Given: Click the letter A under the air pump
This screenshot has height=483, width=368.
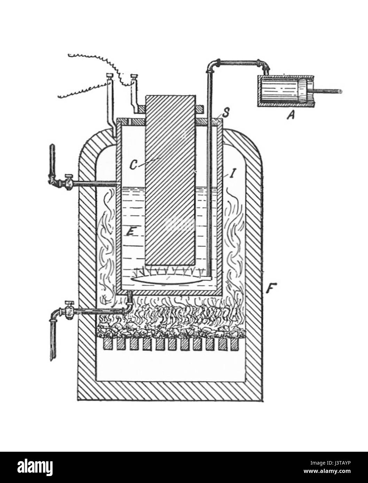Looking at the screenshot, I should coord(289,117).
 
